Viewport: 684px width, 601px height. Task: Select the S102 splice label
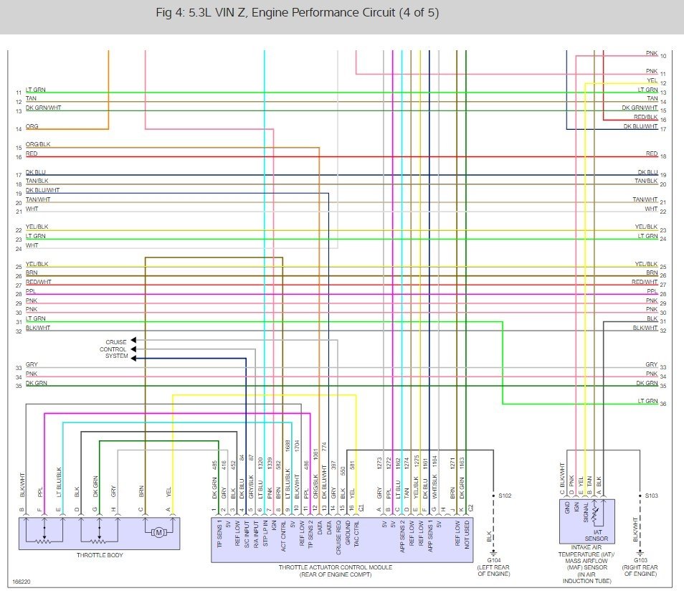[x=506, y=496]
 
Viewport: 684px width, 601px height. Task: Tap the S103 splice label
[x=651, y=496]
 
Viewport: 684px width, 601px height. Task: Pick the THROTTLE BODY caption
[x=98, y=556]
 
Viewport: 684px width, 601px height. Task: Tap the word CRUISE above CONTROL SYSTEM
[x=116, y=341]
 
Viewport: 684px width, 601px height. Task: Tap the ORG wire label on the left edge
[x=32, y=127]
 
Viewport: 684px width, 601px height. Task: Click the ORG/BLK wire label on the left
[x=38, y=146]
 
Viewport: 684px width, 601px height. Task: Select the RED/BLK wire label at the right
[x=645, y=117]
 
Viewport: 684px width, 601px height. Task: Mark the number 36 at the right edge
[x=663, y=404]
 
